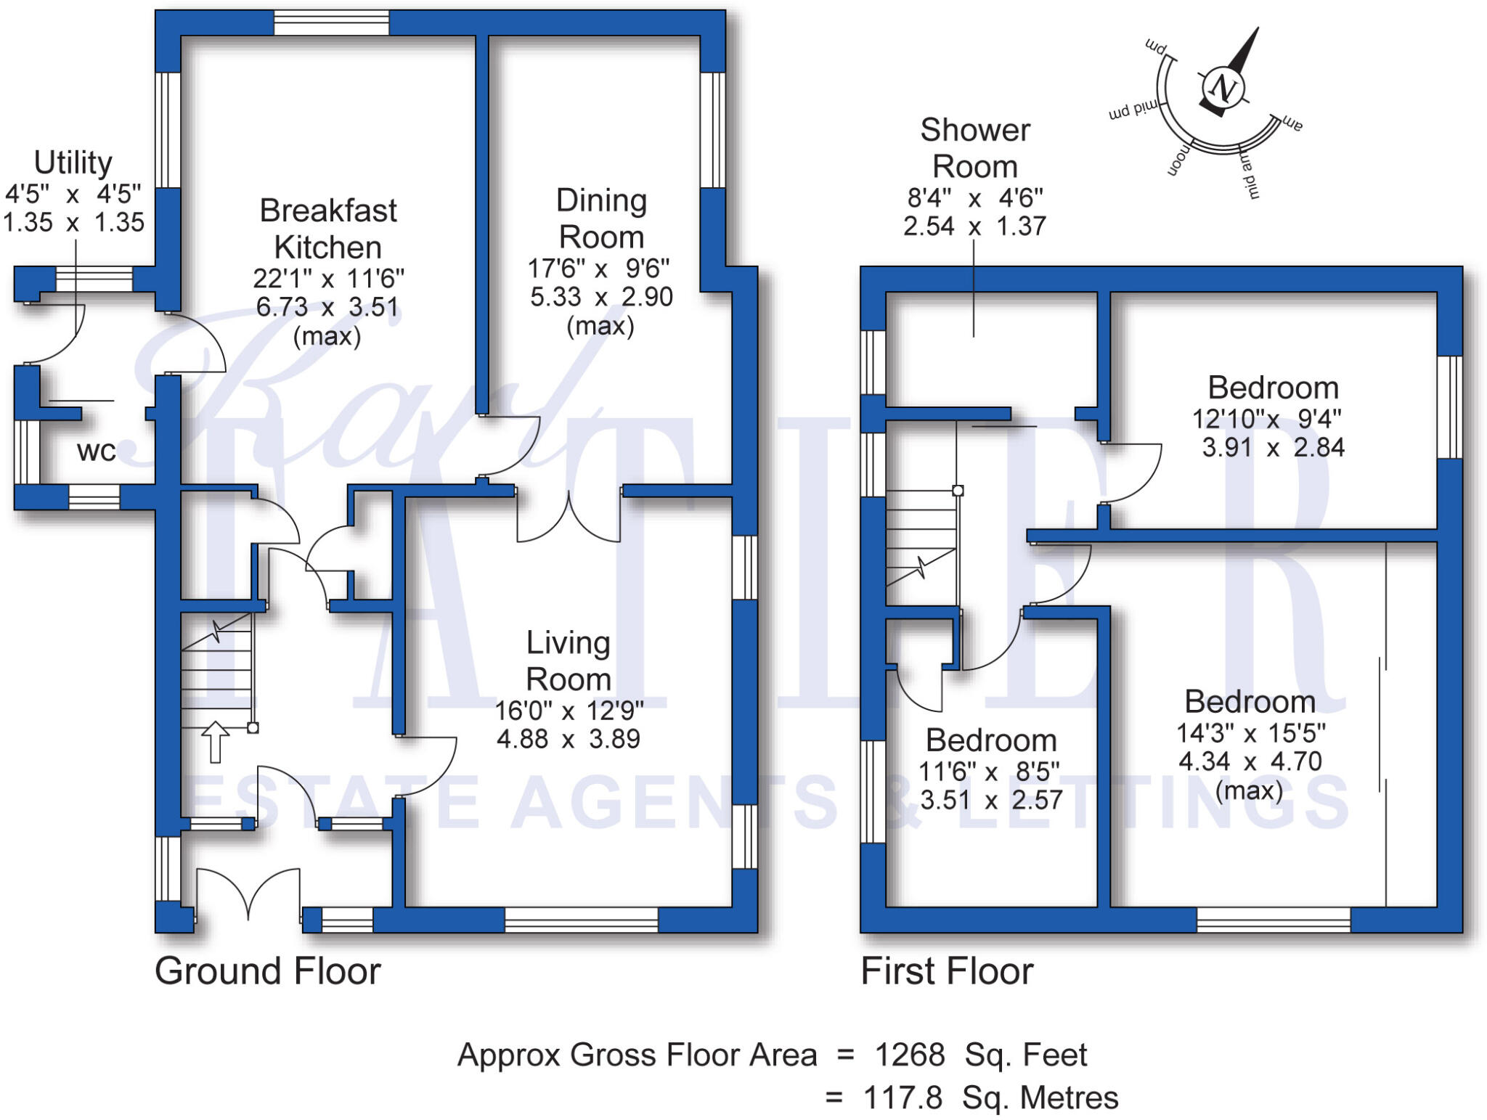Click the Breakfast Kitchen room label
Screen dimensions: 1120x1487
(328, 229)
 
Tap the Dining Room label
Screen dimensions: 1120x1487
(601, 218)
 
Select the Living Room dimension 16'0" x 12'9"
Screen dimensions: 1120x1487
(569, 711)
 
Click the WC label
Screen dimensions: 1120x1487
(96, 451)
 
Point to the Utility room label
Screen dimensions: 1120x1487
(73, 162)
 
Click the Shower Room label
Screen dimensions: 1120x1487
(974, 148)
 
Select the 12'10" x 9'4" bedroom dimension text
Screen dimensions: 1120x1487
(1266, 419)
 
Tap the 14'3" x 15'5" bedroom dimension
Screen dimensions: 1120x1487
(1250, 733)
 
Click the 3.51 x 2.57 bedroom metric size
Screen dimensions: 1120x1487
(991, 800)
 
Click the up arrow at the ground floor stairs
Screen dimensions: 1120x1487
(215, 742)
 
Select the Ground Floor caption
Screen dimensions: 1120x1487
(267, 971)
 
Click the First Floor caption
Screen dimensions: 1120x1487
(947, 971)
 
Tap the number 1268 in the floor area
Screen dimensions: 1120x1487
(910, 1055)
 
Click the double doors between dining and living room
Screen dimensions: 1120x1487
(569, 517)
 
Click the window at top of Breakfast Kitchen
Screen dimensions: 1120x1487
(331, 23)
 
